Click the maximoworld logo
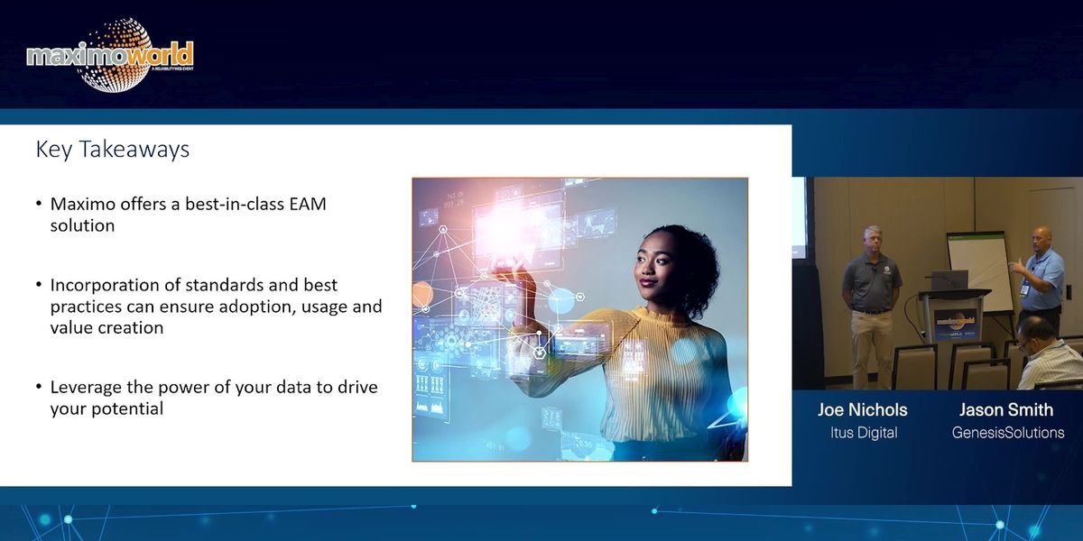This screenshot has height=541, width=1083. point(110,56)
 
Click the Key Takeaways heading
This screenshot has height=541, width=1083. point(112,149)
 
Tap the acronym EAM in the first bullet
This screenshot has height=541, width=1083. point(307,204)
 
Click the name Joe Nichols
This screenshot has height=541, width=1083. point(862,409)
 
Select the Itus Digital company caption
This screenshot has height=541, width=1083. point(863,433)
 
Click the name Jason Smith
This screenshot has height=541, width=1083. point(1007,409)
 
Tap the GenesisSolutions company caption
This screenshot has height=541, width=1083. point(1007,433)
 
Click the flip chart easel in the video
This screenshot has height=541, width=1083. point(977,270)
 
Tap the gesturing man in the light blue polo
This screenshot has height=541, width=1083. point(1043,280)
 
